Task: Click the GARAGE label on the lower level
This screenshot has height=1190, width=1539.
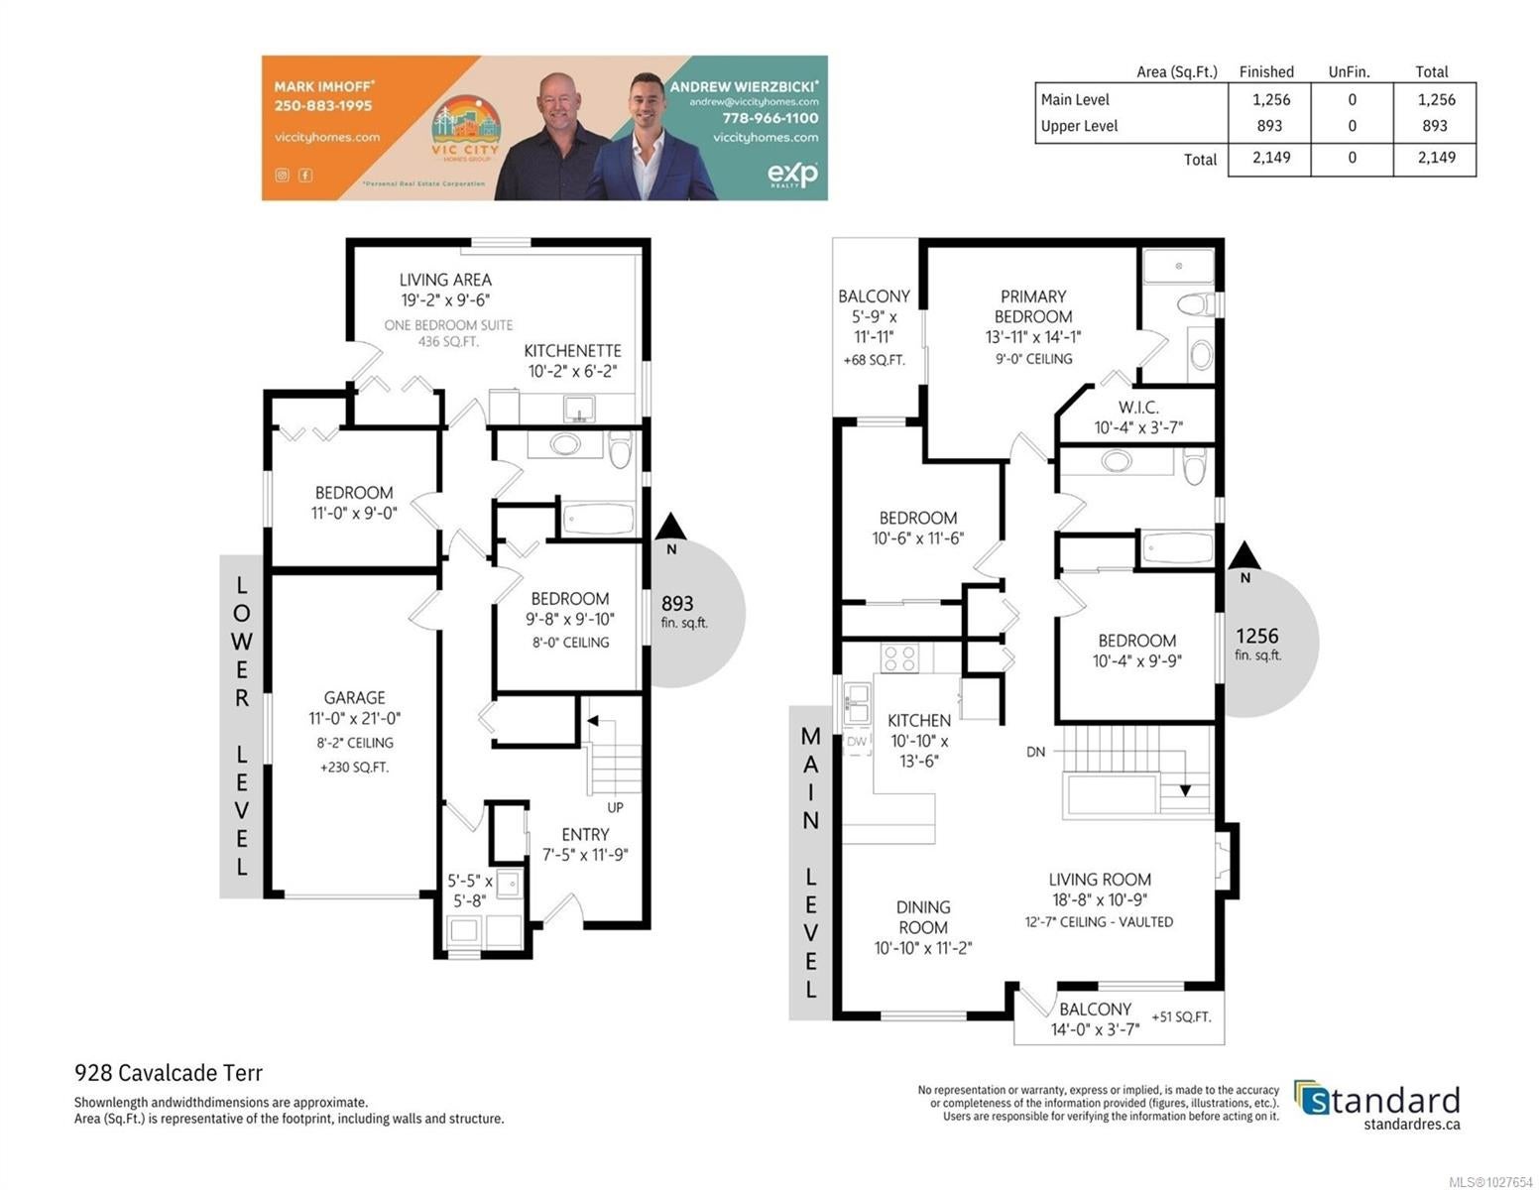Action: pos(354,697)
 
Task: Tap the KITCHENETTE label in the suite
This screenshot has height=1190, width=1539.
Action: pos(572,350)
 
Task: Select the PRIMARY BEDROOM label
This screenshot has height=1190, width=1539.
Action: pos(1032,306)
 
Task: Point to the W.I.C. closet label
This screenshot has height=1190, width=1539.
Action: pos(1138,407)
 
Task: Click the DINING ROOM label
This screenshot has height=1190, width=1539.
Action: pos(923,916)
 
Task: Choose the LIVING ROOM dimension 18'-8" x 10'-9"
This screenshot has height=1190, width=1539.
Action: pos(1099,899)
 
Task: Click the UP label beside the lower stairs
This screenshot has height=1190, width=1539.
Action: pos(615,807)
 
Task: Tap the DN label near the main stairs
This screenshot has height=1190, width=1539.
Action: pos(1035,752)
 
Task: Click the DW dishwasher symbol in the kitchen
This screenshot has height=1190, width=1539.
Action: pos(856,741)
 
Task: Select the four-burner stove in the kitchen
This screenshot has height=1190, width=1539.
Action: pos(899,657)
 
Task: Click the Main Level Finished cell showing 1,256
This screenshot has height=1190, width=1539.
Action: pos(1271,100)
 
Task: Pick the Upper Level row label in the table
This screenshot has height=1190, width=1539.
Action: pos(1079,126)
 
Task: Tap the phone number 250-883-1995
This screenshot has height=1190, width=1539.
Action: pos(323,105)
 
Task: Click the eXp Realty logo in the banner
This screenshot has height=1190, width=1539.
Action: pos(792,174)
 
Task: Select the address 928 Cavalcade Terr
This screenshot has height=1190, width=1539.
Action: pos(169,1072)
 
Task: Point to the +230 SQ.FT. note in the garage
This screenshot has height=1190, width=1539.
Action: pos(354,767)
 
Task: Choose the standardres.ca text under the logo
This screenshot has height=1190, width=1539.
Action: pos(1411,1124)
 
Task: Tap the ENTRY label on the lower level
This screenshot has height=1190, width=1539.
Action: pos(585,834)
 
